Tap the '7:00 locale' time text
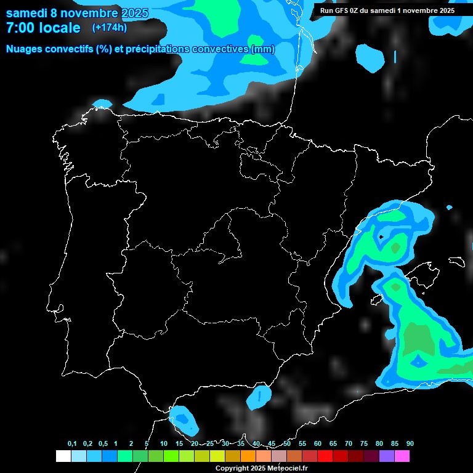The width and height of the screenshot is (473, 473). tap(43, 28)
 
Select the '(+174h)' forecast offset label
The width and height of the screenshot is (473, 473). tap(110, 28)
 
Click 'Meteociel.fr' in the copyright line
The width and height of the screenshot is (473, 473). tap(288, 468)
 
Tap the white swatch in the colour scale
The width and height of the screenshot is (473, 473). tap(63, 456)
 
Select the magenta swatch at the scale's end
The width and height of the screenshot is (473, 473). tap(402, 456)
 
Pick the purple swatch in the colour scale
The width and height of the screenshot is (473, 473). tap(387, 456)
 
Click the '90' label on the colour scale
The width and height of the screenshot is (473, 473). tap(410, 444)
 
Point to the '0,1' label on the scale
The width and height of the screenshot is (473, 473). tap(72, 444)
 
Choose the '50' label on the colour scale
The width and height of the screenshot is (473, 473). tap(287, 444)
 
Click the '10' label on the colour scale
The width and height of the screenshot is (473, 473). tap(163, 444)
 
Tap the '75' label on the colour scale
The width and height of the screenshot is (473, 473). tap(363, 444)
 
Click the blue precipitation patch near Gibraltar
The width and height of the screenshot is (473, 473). tap(184, 419)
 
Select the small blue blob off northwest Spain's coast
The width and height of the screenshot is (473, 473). tap(102, 103)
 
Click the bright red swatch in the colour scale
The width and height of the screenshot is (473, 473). tap(325, 456)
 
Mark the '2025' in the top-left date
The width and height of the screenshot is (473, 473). tap(135, 13)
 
